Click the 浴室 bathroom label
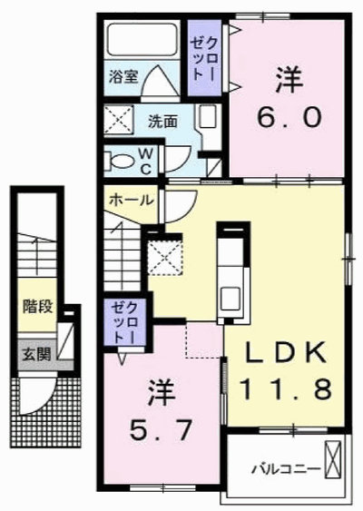[123, 76]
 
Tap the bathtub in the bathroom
[142, 39]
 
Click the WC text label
[146, 161]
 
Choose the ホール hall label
[131, 200]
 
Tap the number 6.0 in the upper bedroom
[289, 117]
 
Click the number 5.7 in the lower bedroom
[161, 430]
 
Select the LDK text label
[285, 353]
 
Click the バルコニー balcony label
[286, 470]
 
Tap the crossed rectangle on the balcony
[333, 459]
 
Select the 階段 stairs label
[37, 306]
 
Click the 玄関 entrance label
[37, 354]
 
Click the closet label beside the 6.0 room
[204, 59]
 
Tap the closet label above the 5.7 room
[124, 322]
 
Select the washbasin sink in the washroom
[208, 117]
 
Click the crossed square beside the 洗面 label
[119, 119]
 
